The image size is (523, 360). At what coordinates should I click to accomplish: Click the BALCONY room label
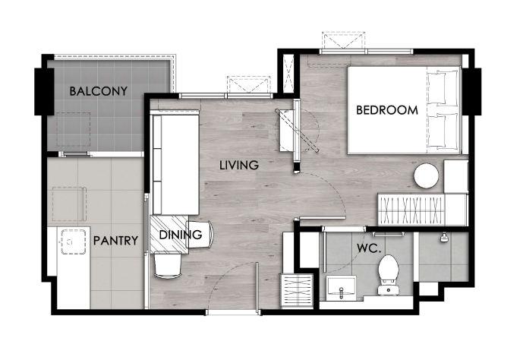tap(99, 91)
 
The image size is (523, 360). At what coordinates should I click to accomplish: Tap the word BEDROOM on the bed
tap(387, 110)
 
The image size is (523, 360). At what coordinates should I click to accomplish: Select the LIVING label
tap(239, 165)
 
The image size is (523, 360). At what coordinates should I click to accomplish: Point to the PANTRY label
tap(115, 241)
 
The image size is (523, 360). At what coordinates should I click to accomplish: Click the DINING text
tap(181, 235)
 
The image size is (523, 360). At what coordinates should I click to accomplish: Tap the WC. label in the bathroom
tap(369, 248)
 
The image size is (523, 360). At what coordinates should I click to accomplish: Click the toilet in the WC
tap(389, 275)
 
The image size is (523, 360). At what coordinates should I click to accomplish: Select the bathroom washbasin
tap(342, 286)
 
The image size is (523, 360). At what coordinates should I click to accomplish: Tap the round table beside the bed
tap(427, 176)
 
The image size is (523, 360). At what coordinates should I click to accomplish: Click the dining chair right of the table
tap(200, 234)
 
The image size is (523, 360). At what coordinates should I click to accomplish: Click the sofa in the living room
tap(175, 164)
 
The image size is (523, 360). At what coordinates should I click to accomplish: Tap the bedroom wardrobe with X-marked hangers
tap(411, 210)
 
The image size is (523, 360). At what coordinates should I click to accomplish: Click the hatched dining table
tap(169, 234)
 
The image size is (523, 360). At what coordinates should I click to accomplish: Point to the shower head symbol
tap(444, 237)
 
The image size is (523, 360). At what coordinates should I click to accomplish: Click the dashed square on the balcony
tap(74, 129)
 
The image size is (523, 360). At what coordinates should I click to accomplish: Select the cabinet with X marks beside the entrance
tap(298, 291)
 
